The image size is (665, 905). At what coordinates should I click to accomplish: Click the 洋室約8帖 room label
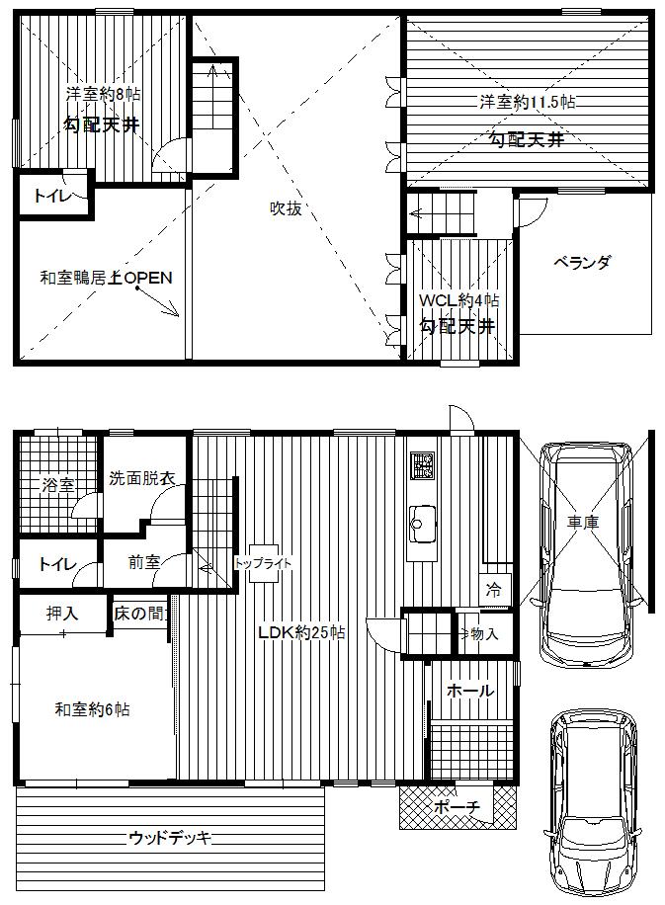pyautogui.click(x=103, y=95)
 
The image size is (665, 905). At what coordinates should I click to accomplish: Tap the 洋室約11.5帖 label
pyautogui.click(x=529, y=102)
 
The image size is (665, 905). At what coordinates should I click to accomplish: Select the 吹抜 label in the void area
pyautogui.click(x=286, y=208)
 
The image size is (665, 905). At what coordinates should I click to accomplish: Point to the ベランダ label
pyautogui.click(x=581, y=263)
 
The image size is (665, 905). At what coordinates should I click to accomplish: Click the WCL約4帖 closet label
pyautogui.click(x=458, y=300)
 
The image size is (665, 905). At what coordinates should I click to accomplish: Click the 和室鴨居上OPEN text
pyautogui.click(x=106, y=279)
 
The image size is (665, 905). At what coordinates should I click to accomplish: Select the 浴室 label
pyautogui.click(x=57, y=485)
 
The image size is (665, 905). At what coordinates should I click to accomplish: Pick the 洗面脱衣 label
pyautogui.click(x=142, y=478)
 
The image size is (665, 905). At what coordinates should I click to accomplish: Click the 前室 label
pyautogui.click(x=143, y=563)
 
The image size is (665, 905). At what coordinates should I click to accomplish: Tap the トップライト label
pyautogui.click(x=263, y=563)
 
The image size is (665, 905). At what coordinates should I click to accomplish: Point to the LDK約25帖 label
pyautogui.click(x=301, y=633)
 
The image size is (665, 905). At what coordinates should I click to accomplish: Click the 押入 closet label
pyautogui.click(x=62, y=614)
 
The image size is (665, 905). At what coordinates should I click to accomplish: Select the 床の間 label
pyautogui.click(x=138, y=613)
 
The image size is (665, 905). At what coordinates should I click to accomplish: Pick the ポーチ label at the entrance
pyautogui.click(x=457, y=808)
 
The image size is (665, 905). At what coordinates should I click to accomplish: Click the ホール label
pyautogui.click(x=470, y=692)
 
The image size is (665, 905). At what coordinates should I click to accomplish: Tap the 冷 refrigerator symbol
pyautogui.click(x=492, y=590)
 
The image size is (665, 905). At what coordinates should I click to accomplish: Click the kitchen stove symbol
pyautogui.click(x=424, y=467)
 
